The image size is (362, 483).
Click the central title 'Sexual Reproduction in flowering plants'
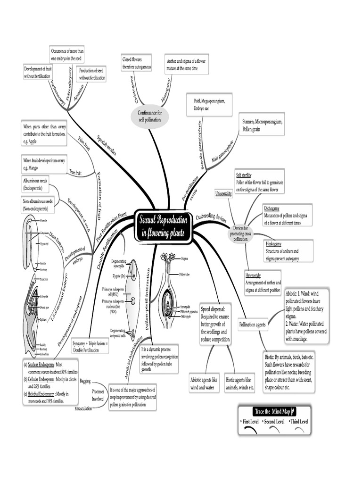coord(164,226)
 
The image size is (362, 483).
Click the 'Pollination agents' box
coord(252,325)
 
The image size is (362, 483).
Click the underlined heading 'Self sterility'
coord(244,175)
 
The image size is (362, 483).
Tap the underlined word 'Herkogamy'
coord(274,244)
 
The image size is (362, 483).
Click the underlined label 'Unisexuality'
coord(224,193)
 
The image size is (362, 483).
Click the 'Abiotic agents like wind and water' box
coord(204,383)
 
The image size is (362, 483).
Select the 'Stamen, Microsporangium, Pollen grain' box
coord(261,125)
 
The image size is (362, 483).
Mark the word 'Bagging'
coord(85,380)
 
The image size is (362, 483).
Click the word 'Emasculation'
coord(86,408)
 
